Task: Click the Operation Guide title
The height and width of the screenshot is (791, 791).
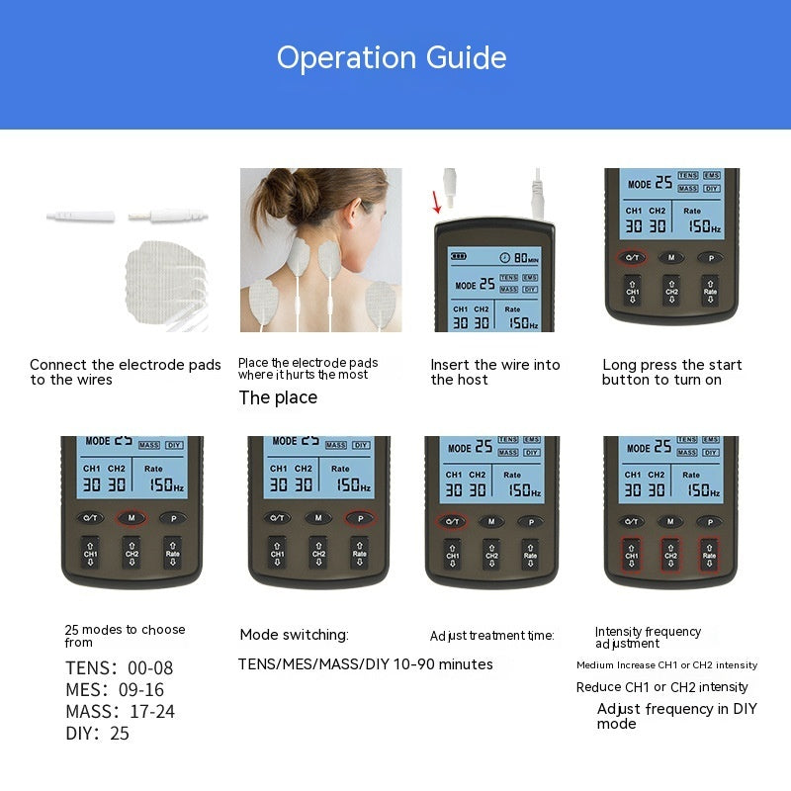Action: pyautogui.click(x=392, y=57)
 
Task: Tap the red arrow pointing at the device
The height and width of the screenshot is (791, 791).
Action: pyautogui.click(x=437, y=202)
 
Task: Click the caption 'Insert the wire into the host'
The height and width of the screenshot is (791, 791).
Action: pyautogui.click(x=494, y=372)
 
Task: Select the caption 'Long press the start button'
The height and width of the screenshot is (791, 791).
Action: pyautogui.click(x=671, y=372)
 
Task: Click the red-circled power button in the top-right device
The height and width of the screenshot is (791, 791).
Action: pyautogui.click(x=633, y=257)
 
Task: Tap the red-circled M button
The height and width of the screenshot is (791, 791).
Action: pyautogui.click(x=132, y=517)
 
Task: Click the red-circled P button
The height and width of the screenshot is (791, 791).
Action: pyautogui.click(x=359, y=517)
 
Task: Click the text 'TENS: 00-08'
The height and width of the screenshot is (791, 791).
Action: pyautogui.click(x=119, y=668)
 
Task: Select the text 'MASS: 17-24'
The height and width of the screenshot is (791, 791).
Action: pyautogui.click(x=120, y=711)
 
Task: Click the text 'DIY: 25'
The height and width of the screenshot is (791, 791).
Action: pyautogui.click(x=97, y=733)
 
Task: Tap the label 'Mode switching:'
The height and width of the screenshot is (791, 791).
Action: pyautogui.click(x=294, y=635)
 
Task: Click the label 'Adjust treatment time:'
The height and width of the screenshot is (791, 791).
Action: pyautogui.click(x=491, y=636)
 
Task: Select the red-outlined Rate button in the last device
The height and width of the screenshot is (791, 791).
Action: pyautogui.click(x=709, y=555)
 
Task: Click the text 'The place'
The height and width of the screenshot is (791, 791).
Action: pyautogui.click(x=278, y=397)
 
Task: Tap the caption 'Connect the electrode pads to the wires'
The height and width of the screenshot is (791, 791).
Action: pyautogui.click(x=126, y=372)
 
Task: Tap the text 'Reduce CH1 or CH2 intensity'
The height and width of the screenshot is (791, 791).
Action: pyautogui.click(x=661, y=687)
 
